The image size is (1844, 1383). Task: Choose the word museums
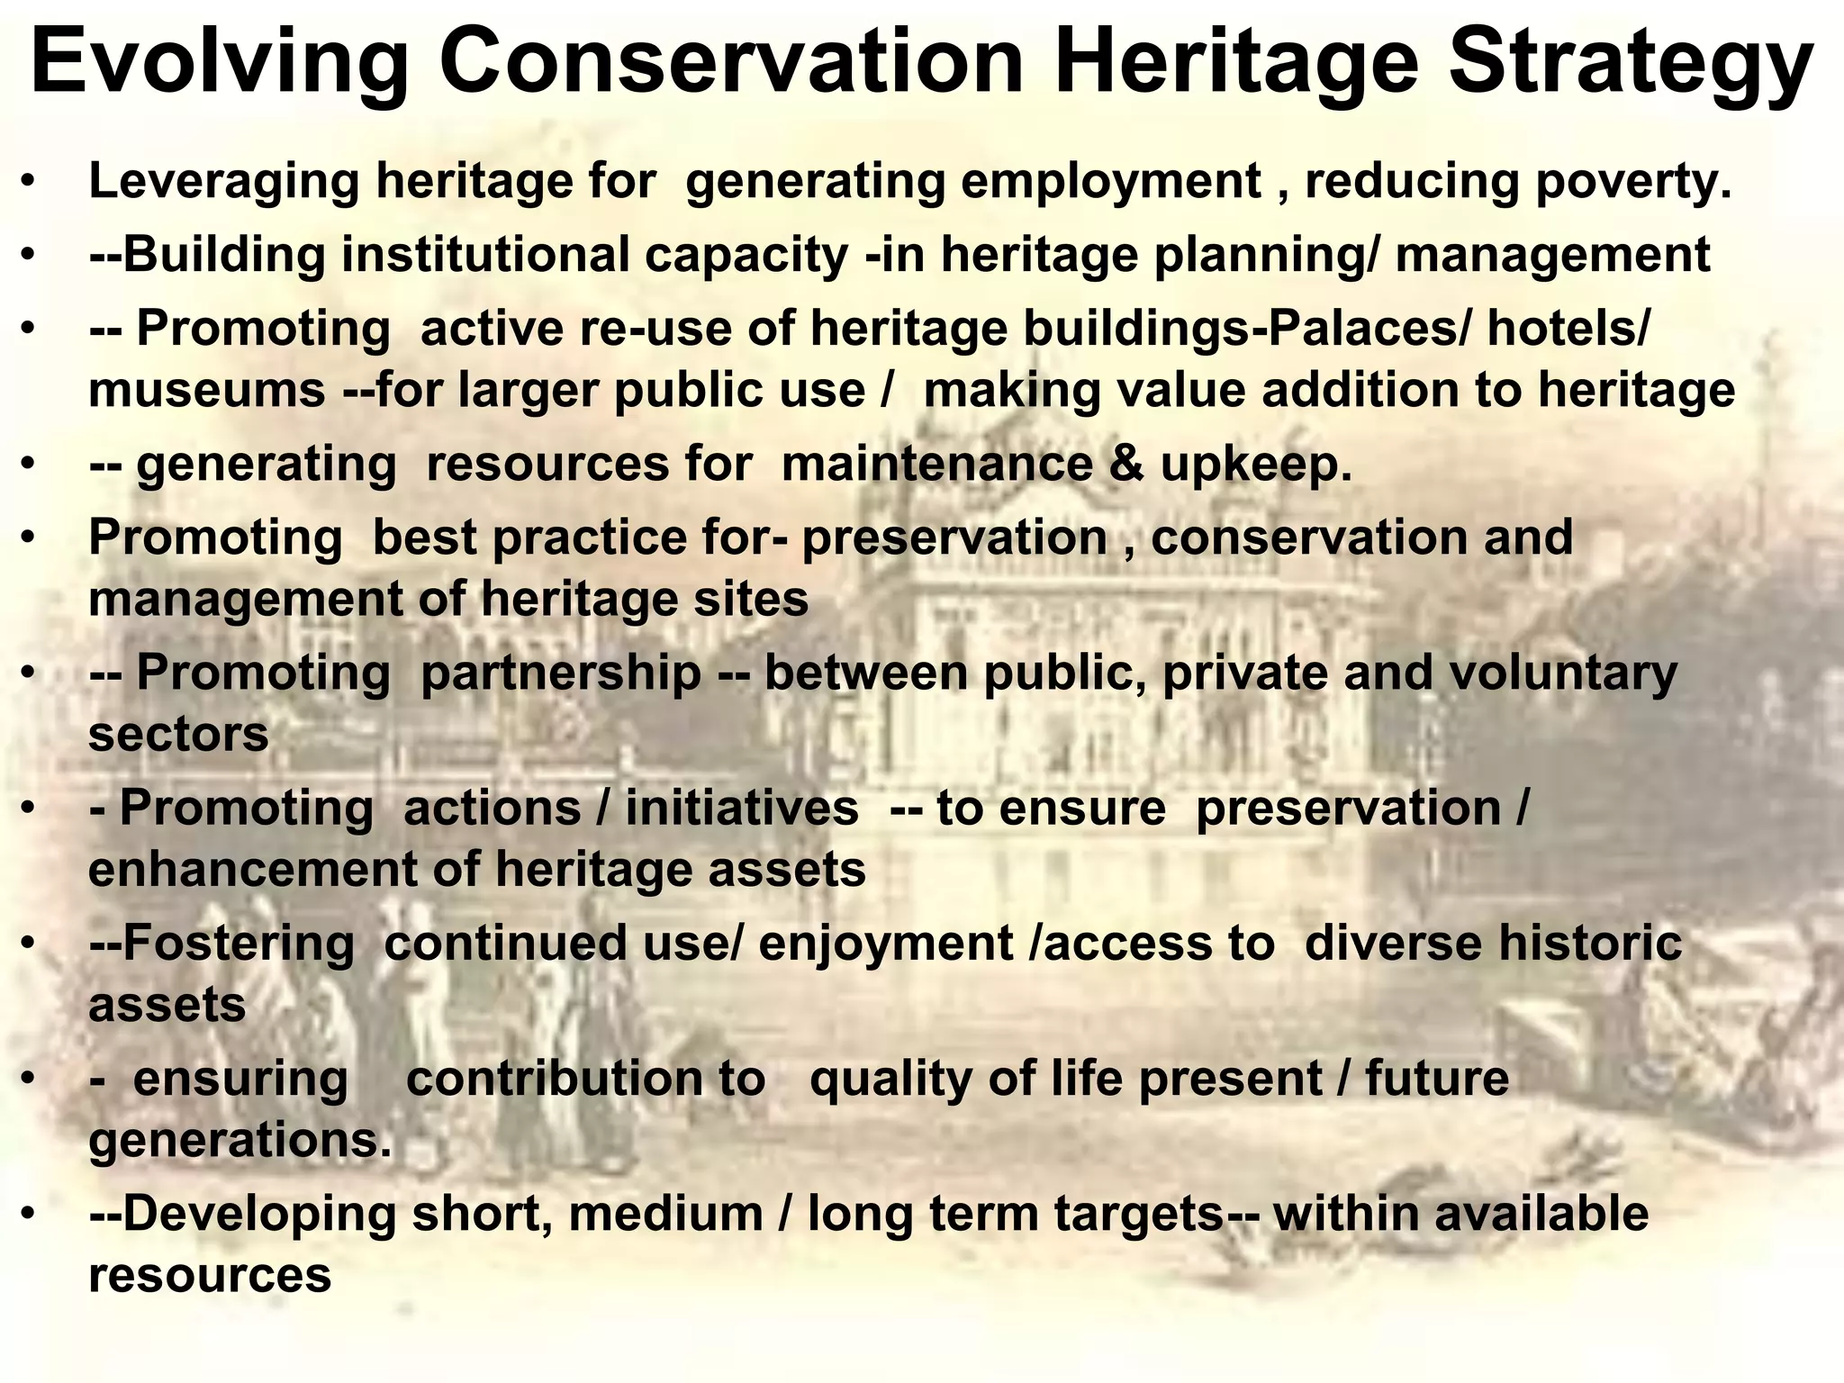[x=207, y=391]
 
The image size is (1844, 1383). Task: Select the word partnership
[x=561, y=673]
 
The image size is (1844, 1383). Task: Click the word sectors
[x=178, y=735]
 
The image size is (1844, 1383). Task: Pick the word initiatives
[x=741, y=808]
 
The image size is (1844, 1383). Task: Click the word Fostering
[x=239, y=944]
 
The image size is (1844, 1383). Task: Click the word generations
[x=240, y=1141]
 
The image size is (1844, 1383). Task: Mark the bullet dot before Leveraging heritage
[x=30, y=183]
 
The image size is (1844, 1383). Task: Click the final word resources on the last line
[x=210, y=1276]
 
